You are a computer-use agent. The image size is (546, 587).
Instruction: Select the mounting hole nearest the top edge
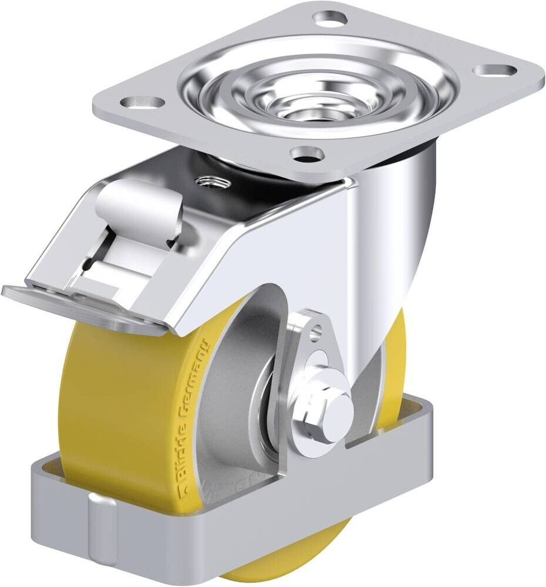[x=330, y=18]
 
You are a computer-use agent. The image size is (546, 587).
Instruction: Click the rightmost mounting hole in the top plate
[x=495, y=70]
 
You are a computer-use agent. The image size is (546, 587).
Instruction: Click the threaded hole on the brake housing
[x=208, y=181]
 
